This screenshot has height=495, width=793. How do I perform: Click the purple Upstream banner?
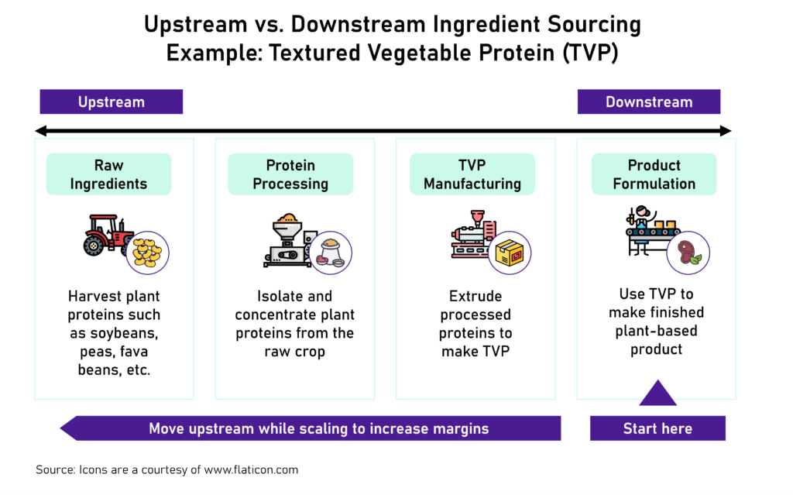[111, 102]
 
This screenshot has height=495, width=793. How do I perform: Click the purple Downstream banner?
[649, 102]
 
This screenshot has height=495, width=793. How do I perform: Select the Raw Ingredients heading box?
[108, 174]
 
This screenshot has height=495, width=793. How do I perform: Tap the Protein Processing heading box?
[290, 174]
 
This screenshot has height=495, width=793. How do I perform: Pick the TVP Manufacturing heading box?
[472, 174]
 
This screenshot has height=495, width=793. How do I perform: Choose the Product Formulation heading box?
[654, 174]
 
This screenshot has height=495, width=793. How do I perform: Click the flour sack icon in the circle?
[330, 253]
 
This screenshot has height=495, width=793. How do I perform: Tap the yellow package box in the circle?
[510, 253]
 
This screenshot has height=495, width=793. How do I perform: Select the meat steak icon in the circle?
[688, 253]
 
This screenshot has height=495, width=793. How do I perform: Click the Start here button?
[657, 428]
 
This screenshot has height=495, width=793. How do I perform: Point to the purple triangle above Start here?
[657, 395]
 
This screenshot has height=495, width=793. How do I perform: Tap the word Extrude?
[475, 296]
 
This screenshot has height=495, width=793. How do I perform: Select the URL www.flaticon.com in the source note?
[252, 469]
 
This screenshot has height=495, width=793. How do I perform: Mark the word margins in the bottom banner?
[462, 428]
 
